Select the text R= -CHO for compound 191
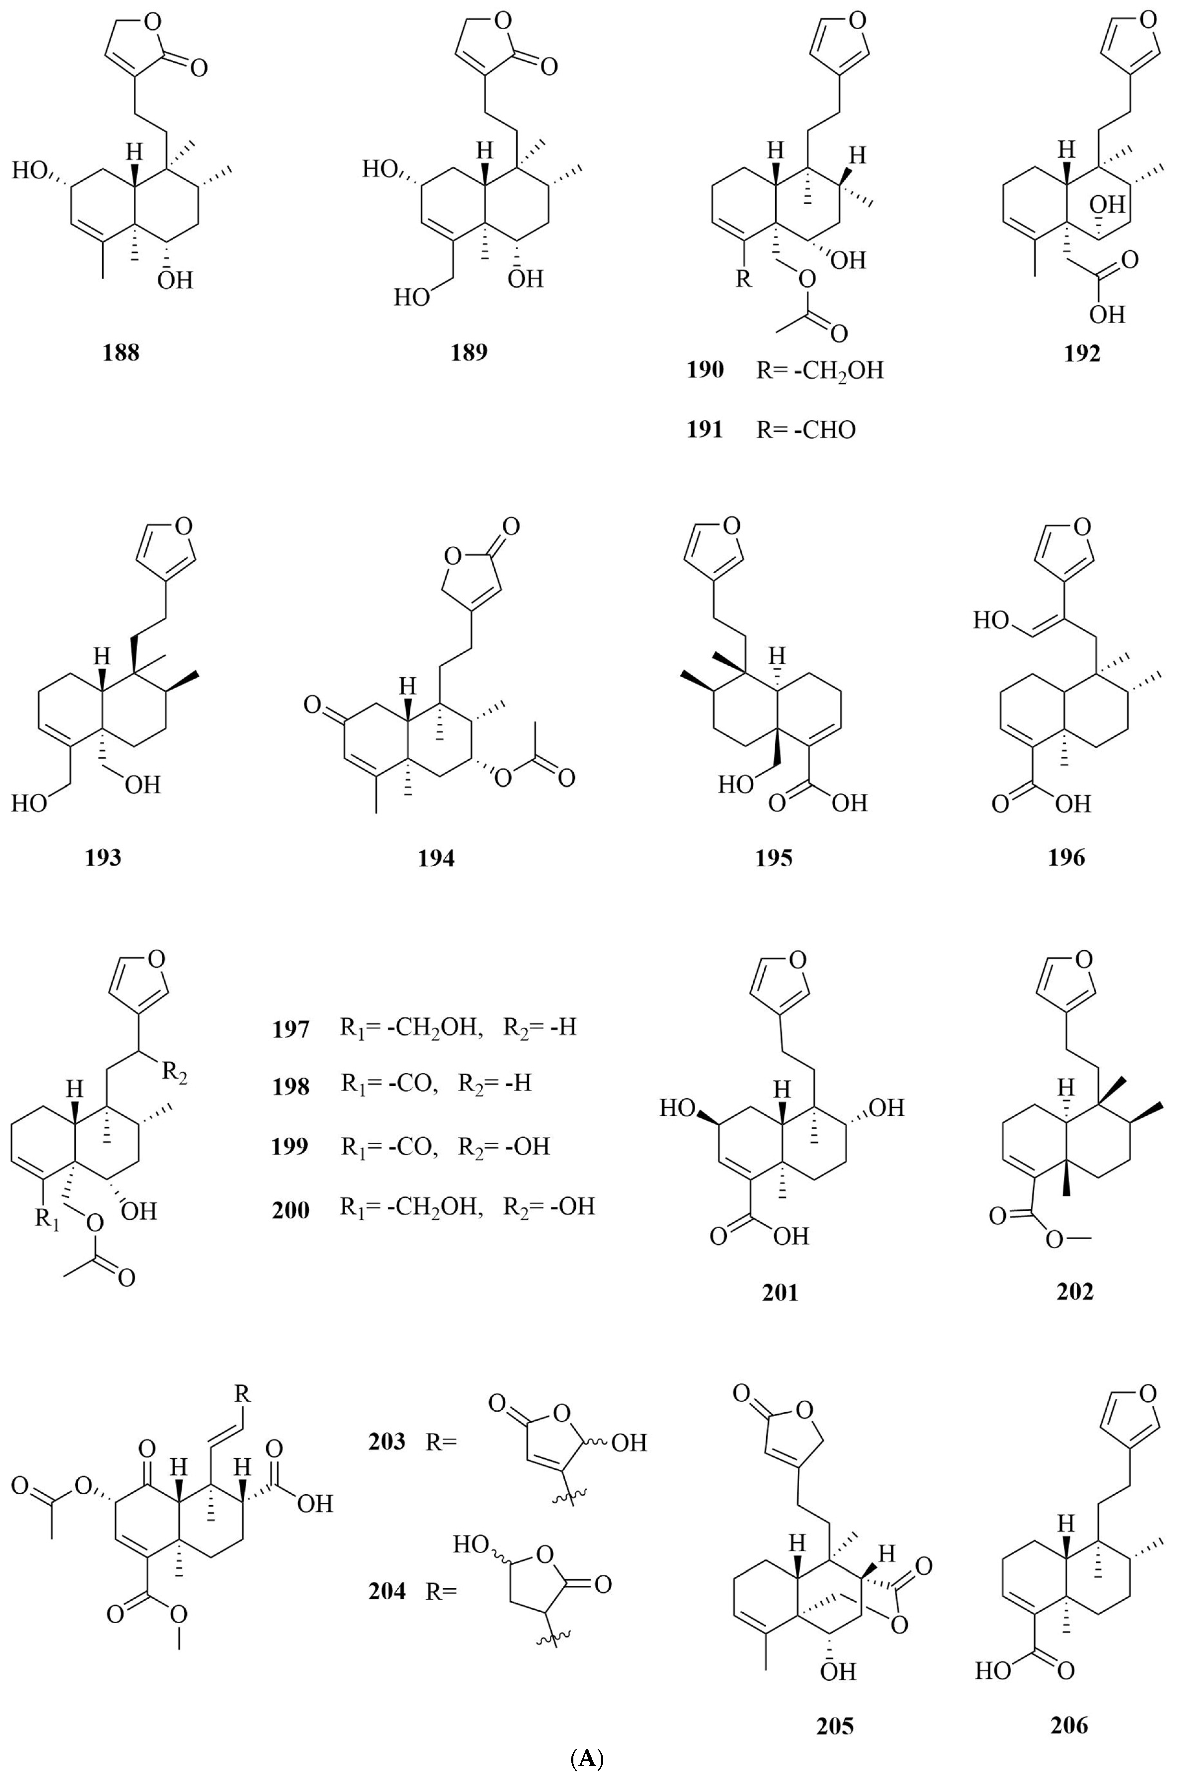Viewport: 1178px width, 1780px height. tap(806, 430)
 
